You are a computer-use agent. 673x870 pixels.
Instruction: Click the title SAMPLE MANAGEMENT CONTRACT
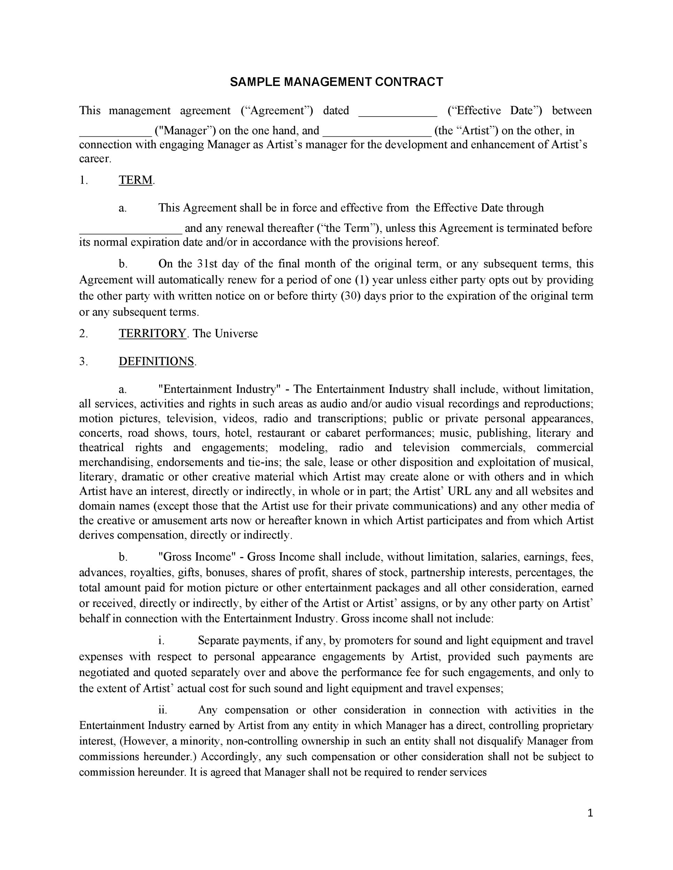tap(336, 82)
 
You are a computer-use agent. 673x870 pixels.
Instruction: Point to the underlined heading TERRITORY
tap(152, 333)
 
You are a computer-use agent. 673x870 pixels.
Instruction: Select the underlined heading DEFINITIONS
tap(156, 361)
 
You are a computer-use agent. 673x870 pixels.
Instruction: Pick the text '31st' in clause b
tap(207, 264)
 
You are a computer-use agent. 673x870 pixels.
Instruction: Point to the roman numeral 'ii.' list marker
tap(162, 710)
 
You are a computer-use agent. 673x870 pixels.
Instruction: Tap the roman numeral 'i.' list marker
tap(162, 641)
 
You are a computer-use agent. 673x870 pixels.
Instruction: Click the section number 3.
tap(83, 361)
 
